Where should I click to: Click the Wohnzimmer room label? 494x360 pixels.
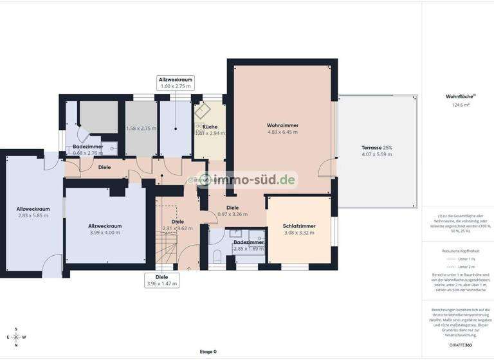pyautogui.click(x=282, y=125)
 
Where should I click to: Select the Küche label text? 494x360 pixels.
pyautogui.click(x=210, y=127)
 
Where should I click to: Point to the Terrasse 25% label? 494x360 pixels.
pyautogui.click(x=376, y=148)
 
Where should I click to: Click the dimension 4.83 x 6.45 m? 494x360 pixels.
pyautogui.click(x=282, y=132)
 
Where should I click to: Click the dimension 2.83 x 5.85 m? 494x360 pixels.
pyautogui.click(x=33, y=215)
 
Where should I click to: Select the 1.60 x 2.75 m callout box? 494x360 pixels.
pyautogui.click(x=176, y=83)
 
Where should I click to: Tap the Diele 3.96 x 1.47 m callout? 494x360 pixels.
pyautogui.click(x=161, y=280)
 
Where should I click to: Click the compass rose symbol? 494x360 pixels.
pyautogui.click(x=16, y=337)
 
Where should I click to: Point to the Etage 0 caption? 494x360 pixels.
pyautogui.click(x=208, y=352)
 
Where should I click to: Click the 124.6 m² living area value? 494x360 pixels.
pyautogui.click(x=461, y=104)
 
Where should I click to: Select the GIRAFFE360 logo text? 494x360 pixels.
pyautogui.click(x=461, y=345)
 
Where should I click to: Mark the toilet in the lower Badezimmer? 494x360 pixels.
pyautogui.click(x=217, y=256)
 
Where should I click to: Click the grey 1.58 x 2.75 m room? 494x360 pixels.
pyautogui.click(x=141, y=129)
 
